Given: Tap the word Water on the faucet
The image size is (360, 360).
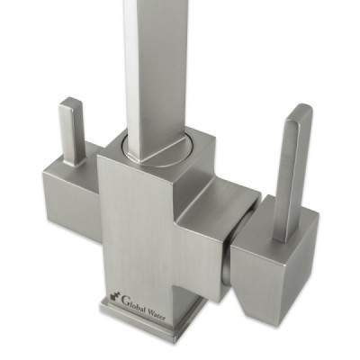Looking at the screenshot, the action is point(156,314).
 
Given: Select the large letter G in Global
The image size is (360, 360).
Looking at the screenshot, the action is point(123,299).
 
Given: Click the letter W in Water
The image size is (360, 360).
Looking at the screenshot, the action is point(150,311).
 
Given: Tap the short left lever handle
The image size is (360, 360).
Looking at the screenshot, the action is point(71,131).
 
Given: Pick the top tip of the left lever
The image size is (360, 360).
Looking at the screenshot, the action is point(70,98).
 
